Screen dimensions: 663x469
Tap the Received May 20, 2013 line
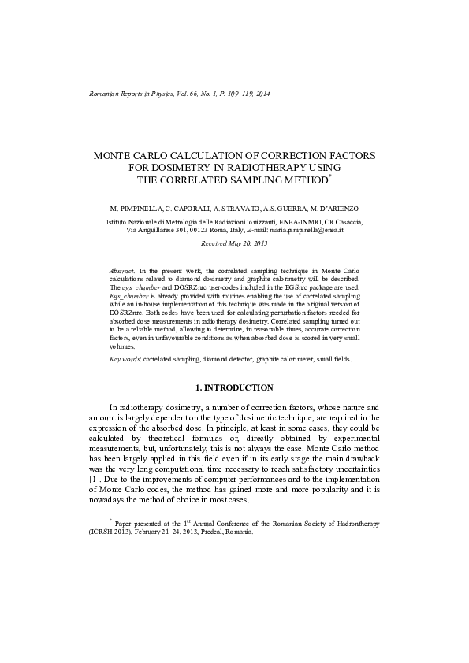[x=235, y=245]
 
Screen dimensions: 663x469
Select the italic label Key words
[x=125, y=359]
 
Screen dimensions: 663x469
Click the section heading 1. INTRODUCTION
[x=234, y=387]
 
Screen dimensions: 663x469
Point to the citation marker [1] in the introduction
[x=94, y=480]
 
